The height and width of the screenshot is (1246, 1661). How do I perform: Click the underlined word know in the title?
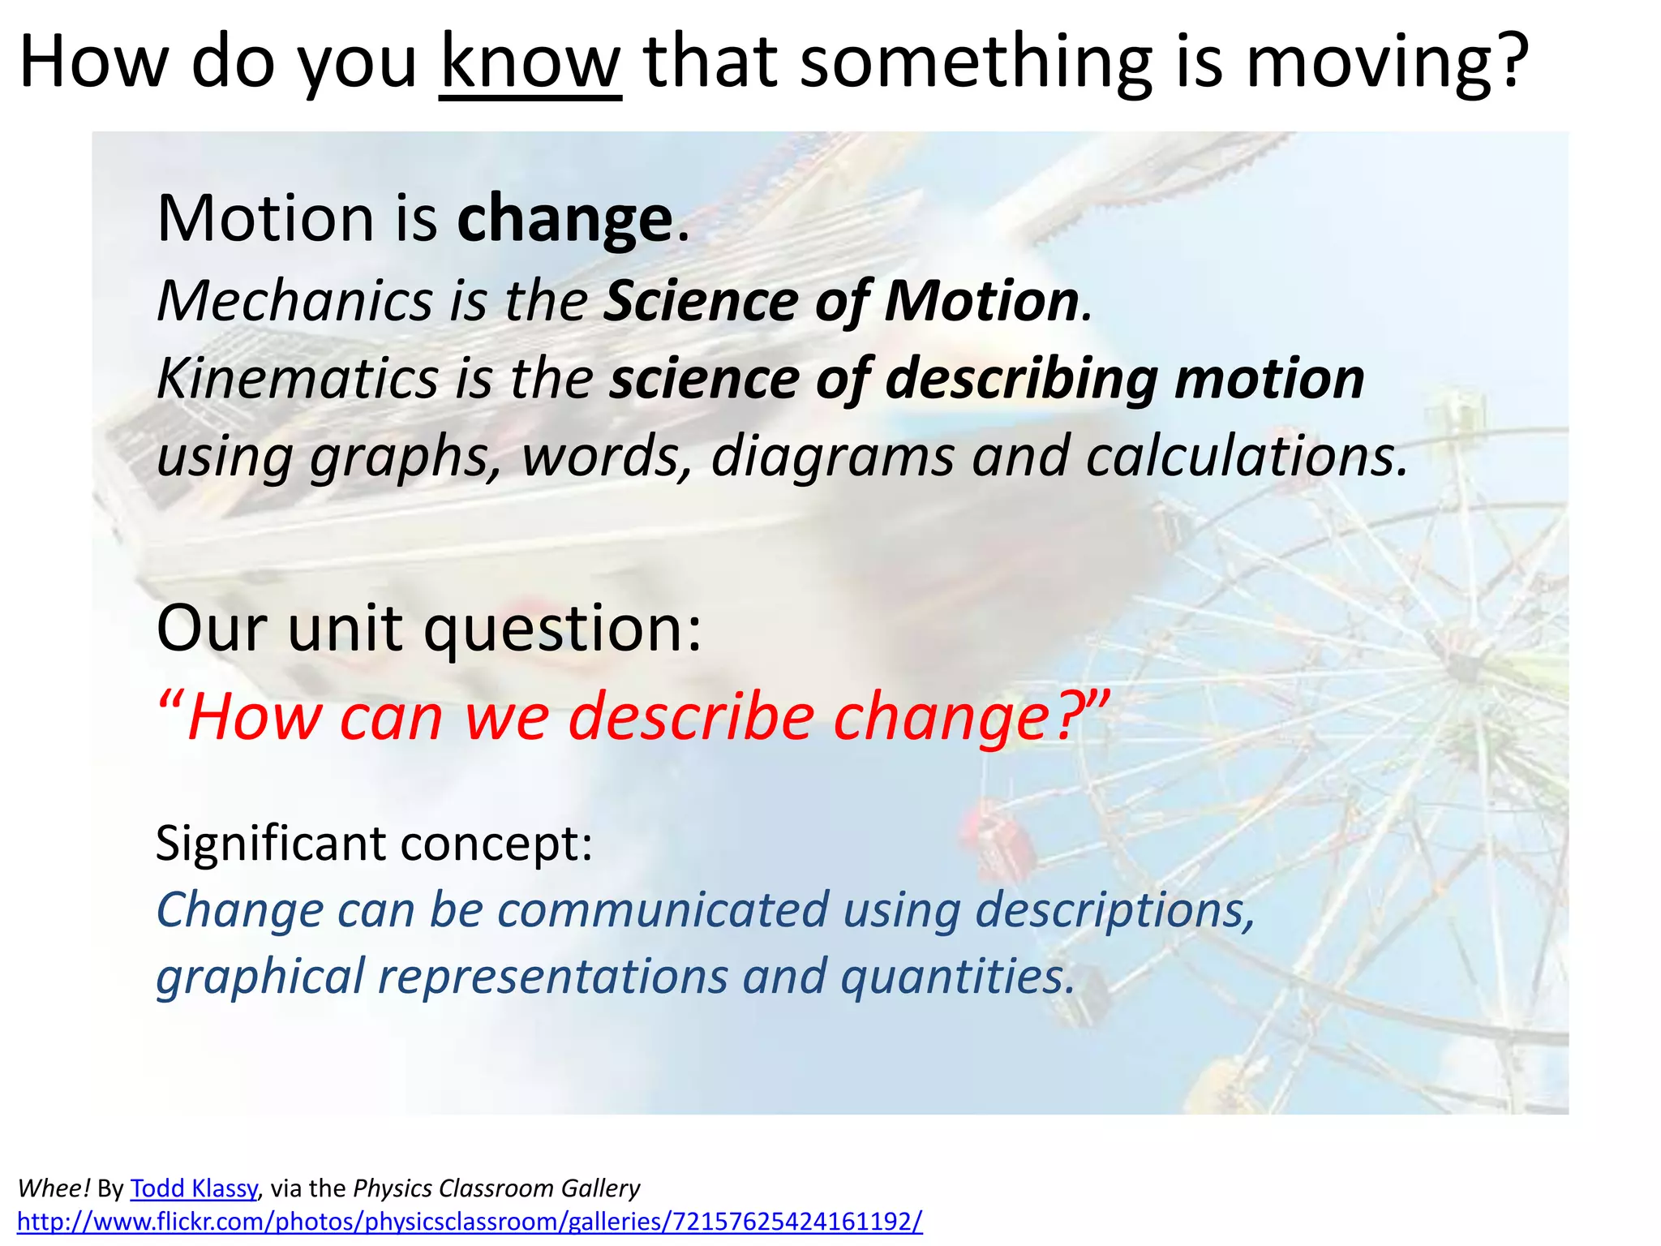click(x=530, y=63)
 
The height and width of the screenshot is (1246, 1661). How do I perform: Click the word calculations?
click(x=1246, y=457)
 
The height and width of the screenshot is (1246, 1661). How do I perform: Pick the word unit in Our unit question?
click(x=344, y=629)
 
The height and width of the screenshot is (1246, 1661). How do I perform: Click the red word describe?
click(x=691, y=717)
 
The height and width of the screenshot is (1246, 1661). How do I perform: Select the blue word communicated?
click(x=663, y=909)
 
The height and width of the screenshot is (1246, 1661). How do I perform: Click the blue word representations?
click(x=553, y=976)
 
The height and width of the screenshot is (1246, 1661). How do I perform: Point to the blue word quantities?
click(x=957, y=976)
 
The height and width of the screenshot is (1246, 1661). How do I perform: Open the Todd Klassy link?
click(x=193, y=1188)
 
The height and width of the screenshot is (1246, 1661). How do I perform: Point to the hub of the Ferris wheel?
click(x=1462, y=668)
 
